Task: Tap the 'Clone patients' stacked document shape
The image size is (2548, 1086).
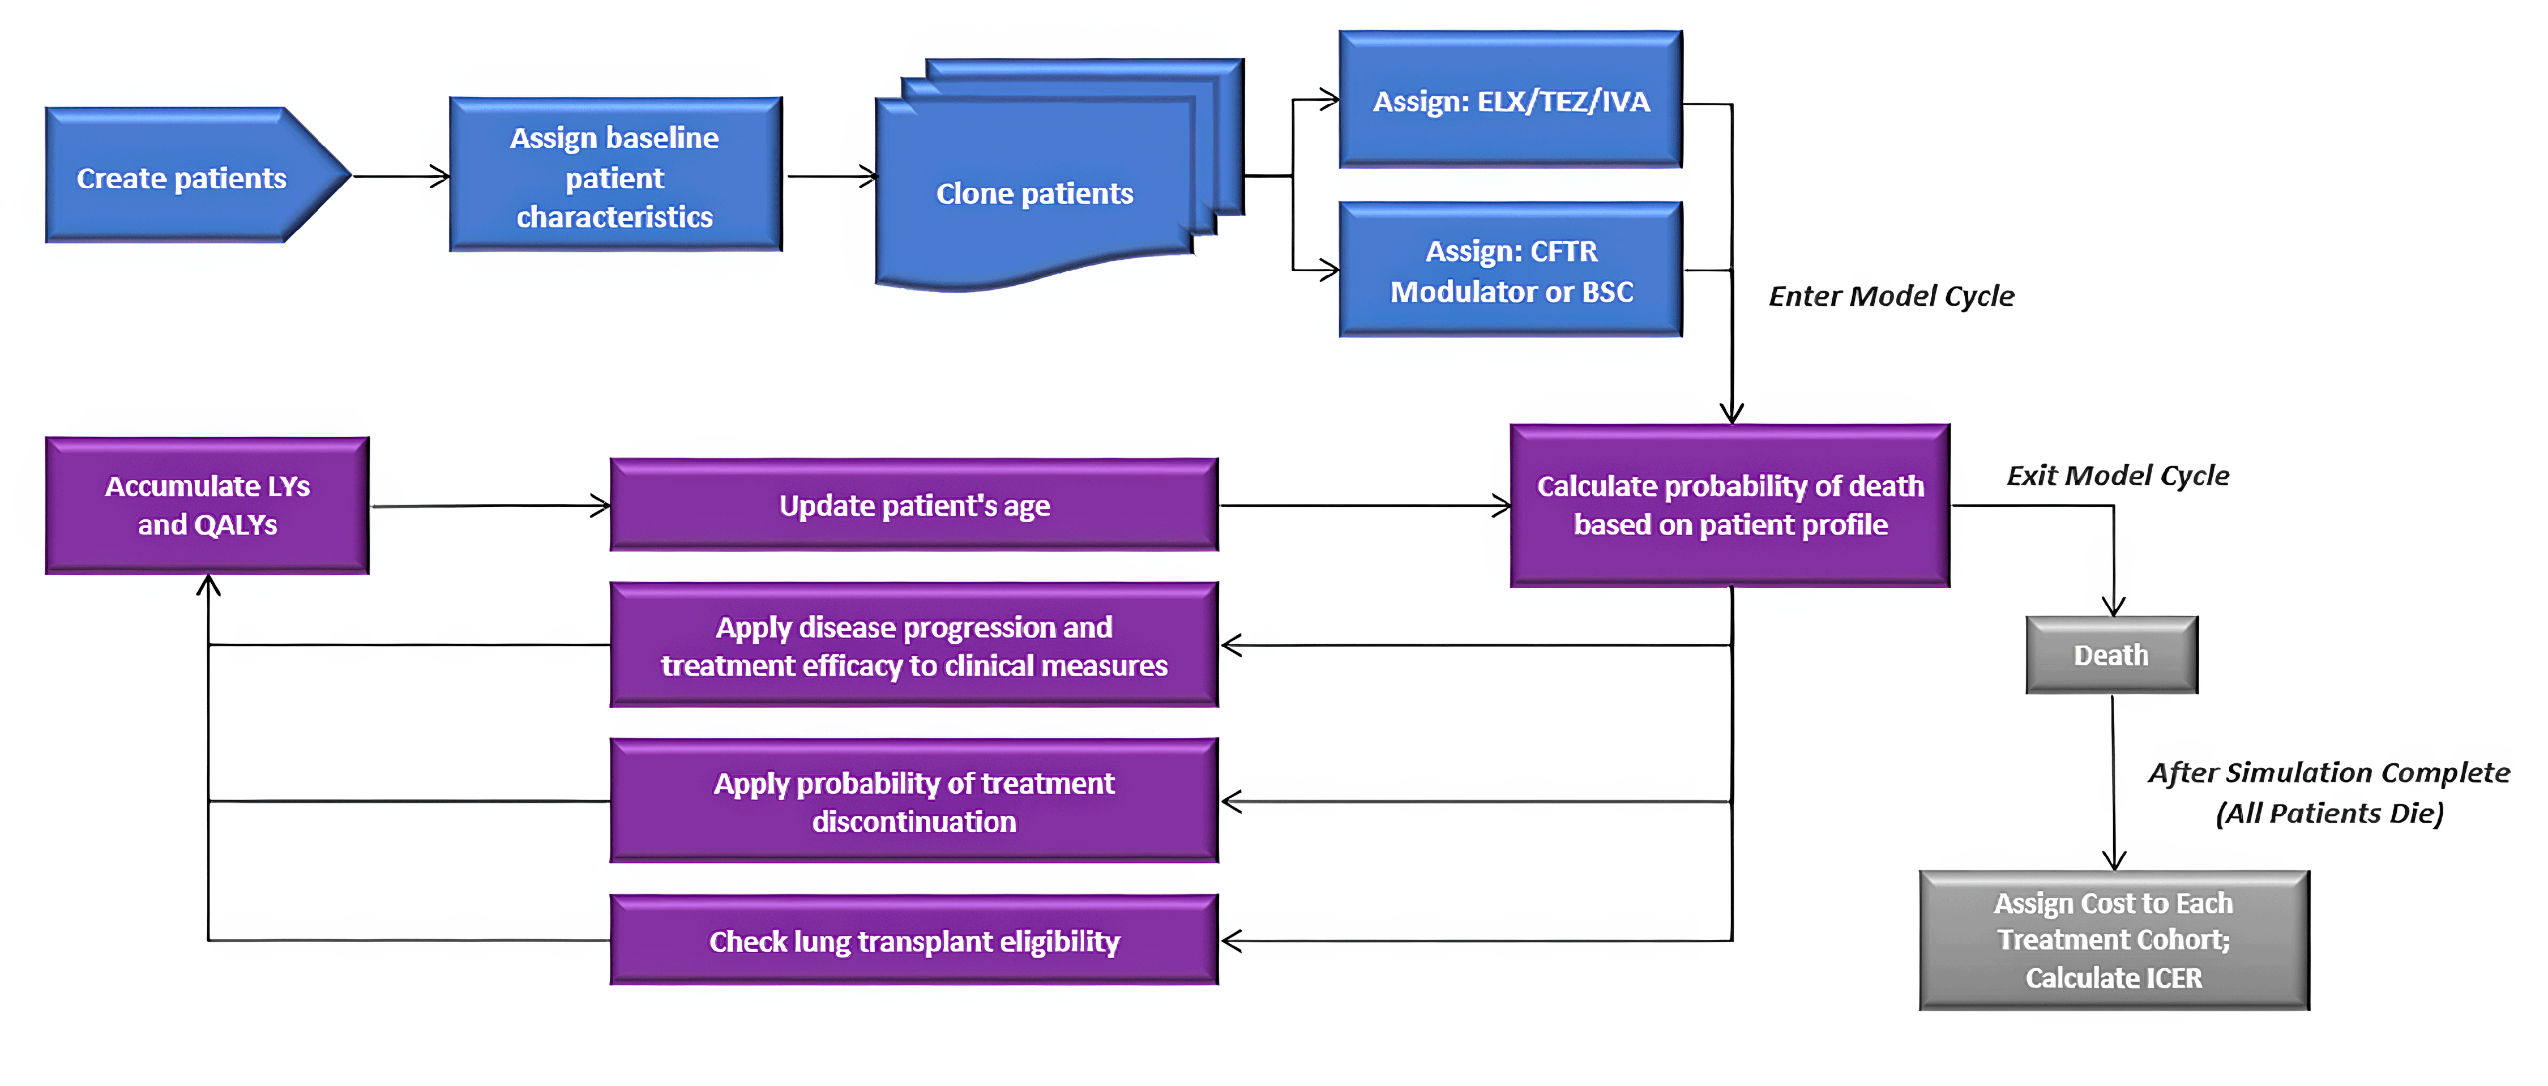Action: coord(1034,193)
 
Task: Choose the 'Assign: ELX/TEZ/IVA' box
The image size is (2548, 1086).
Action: coord(1511,101)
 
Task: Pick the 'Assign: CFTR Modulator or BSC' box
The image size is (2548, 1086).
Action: coord(1511,270)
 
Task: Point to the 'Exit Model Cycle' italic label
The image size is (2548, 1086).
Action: coord(2117,476)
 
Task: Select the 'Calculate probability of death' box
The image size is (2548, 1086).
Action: coord(1730,506)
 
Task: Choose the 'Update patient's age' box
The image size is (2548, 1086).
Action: coord(914,506)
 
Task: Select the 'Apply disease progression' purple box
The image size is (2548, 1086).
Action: coord(914,646)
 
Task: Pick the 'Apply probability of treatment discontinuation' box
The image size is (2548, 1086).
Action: coord(914,801)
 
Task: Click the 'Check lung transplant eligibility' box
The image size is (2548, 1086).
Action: coord(914,940)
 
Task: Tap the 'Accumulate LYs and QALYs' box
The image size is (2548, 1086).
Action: coord(208,506)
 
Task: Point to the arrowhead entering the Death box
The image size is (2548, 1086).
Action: coord(2114,605)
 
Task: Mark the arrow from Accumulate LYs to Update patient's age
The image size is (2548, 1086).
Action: coord(490,506)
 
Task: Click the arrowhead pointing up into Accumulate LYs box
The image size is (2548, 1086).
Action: coord(208,585)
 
